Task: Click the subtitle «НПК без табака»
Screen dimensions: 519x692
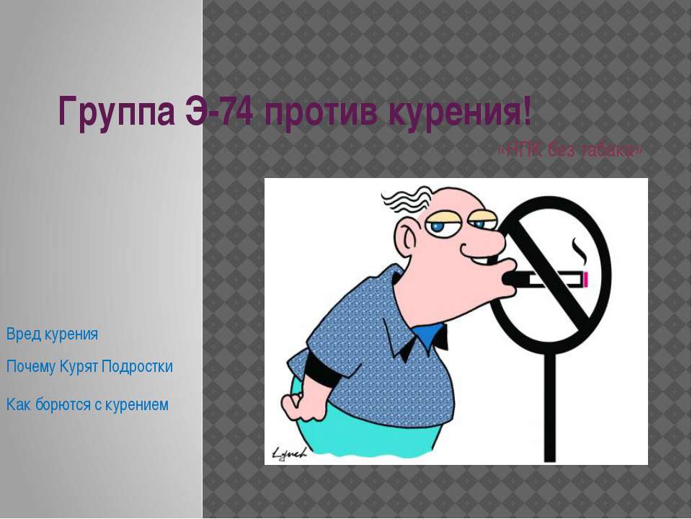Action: [x=569, y=150]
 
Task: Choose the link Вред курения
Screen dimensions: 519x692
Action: [x=52, y=334]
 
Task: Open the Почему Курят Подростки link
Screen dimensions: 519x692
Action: [x=89, y=367]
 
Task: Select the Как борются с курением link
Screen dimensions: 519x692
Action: [x=87, y=405]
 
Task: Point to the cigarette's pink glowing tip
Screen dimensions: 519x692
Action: [x=587, y=278]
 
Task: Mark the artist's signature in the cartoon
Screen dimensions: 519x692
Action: [x=289, y=452]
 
